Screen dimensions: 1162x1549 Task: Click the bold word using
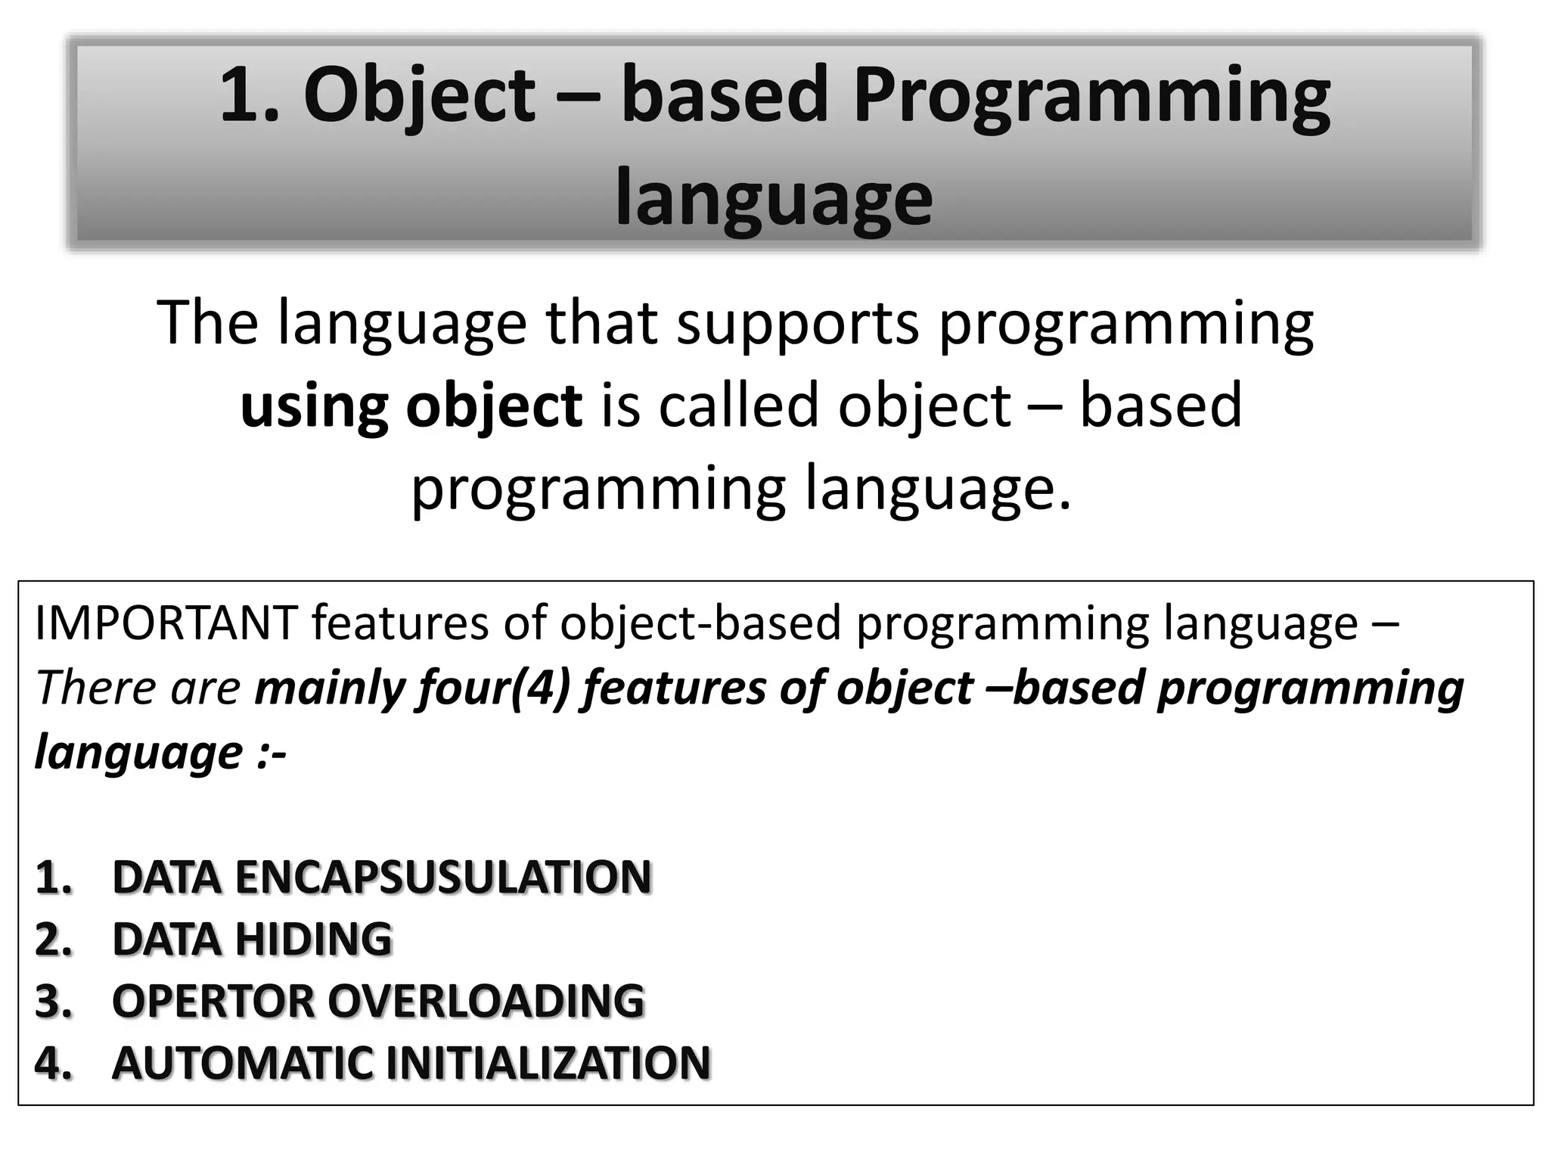(313, 405)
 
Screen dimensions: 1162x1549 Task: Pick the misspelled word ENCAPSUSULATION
(381, 878)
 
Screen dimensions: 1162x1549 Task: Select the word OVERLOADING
(486, 1001)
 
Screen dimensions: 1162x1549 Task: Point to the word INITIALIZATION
(548, 1063)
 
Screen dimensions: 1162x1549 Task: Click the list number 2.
(53, 940)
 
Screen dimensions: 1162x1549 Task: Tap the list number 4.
(53, 1063)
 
